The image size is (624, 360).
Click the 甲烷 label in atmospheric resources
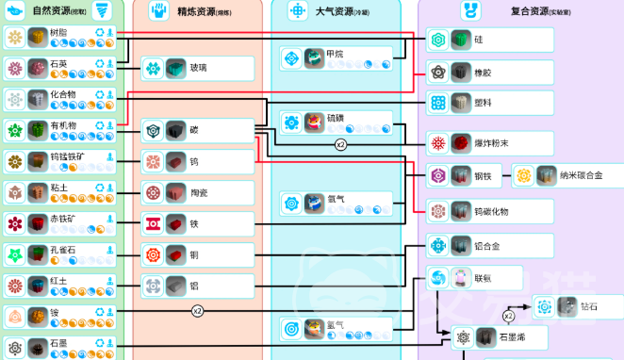(336, 54)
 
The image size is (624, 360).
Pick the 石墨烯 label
(515, 336)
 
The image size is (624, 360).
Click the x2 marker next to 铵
(197, 310)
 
